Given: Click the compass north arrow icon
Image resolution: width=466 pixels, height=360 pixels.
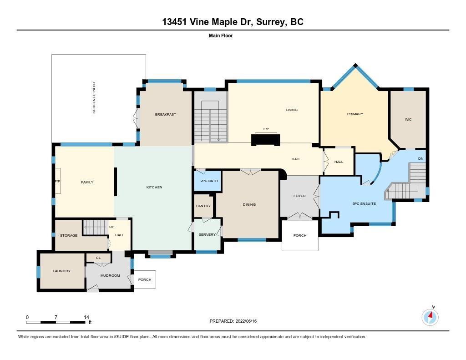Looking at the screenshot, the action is (x=430, y=317).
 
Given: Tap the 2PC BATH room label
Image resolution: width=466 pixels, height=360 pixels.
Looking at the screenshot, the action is (x=209, y=181).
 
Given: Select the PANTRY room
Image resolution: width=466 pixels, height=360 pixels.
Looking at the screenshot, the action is (x=203, y=206).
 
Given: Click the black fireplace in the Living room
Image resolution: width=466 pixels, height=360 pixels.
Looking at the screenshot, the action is (x=266, y=140).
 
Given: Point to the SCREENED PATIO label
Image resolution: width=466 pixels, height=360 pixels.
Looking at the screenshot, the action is (x=94, y=97).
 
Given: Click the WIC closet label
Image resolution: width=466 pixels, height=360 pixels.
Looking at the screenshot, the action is (x=408, y=119).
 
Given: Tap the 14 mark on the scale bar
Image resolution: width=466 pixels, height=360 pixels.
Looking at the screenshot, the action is (x=86, y=317).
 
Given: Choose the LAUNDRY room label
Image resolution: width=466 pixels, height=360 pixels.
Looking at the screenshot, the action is (x=62, y=271).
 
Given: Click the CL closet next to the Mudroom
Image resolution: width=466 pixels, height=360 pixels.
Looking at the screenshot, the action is (x=98, y=258).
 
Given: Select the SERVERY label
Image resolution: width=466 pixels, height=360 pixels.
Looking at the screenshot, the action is (x=207, y=234).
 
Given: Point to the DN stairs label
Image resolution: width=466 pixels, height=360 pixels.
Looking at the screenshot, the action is (x=421, y=158).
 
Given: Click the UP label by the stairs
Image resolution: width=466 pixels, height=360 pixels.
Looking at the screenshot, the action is (x=112, y=227).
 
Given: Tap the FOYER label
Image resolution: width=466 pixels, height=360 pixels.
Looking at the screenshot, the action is (x=299, y=196).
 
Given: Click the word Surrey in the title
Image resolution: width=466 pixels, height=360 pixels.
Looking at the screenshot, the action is (x=270, y=22).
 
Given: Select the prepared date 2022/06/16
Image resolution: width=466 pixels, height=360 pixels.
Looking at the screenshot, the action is (x=246, y=321).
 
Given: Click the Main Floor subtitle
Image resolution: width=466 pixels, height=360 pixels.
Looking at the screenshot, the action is (x=221, y=35).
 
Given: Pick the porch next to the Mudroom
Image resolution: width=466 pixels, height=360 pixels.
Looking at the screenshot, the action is (x=145, y=279).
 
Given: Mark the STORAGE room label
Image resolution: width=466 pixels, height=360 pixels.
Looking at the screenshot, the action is (x=69, y=235).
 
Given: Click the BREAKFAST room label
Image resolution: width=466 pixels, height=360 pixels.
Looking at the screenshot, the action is (x=166, y=114).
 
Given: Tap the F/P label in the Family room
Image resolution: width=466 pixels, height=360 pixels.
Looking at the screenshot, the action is (x=57, y=181).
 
